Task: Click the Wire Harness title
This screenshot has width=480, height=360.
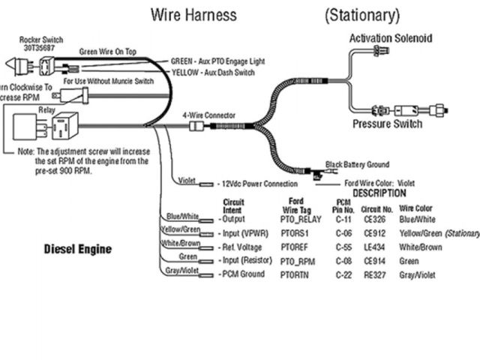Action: [193, 14]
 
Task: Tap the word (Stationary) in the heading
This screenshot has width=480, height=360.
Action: [362, 14]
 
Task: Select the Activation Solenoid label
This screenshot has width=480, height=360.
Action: [390, 39]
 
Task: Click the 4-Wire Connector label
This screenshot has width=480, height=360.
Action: [208, 115]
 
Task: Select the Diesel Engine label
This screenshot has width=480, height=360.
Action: [77, 248]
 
